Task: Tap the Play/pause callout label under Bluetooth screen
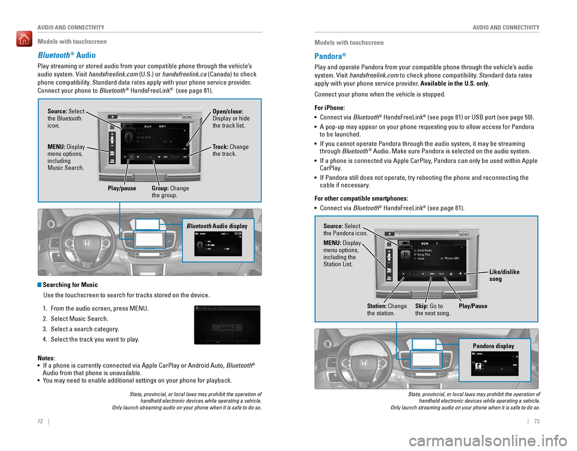[123, 189]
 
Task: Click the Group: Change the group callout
[170, 192]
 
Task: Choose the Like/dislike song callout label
[504, 275]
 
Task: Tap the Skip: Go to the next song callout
[432, 310]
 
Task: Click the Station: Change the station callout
[387, 310]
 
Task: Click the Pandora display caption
[493, 346]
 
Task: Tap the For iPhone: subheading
[333, 106]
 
